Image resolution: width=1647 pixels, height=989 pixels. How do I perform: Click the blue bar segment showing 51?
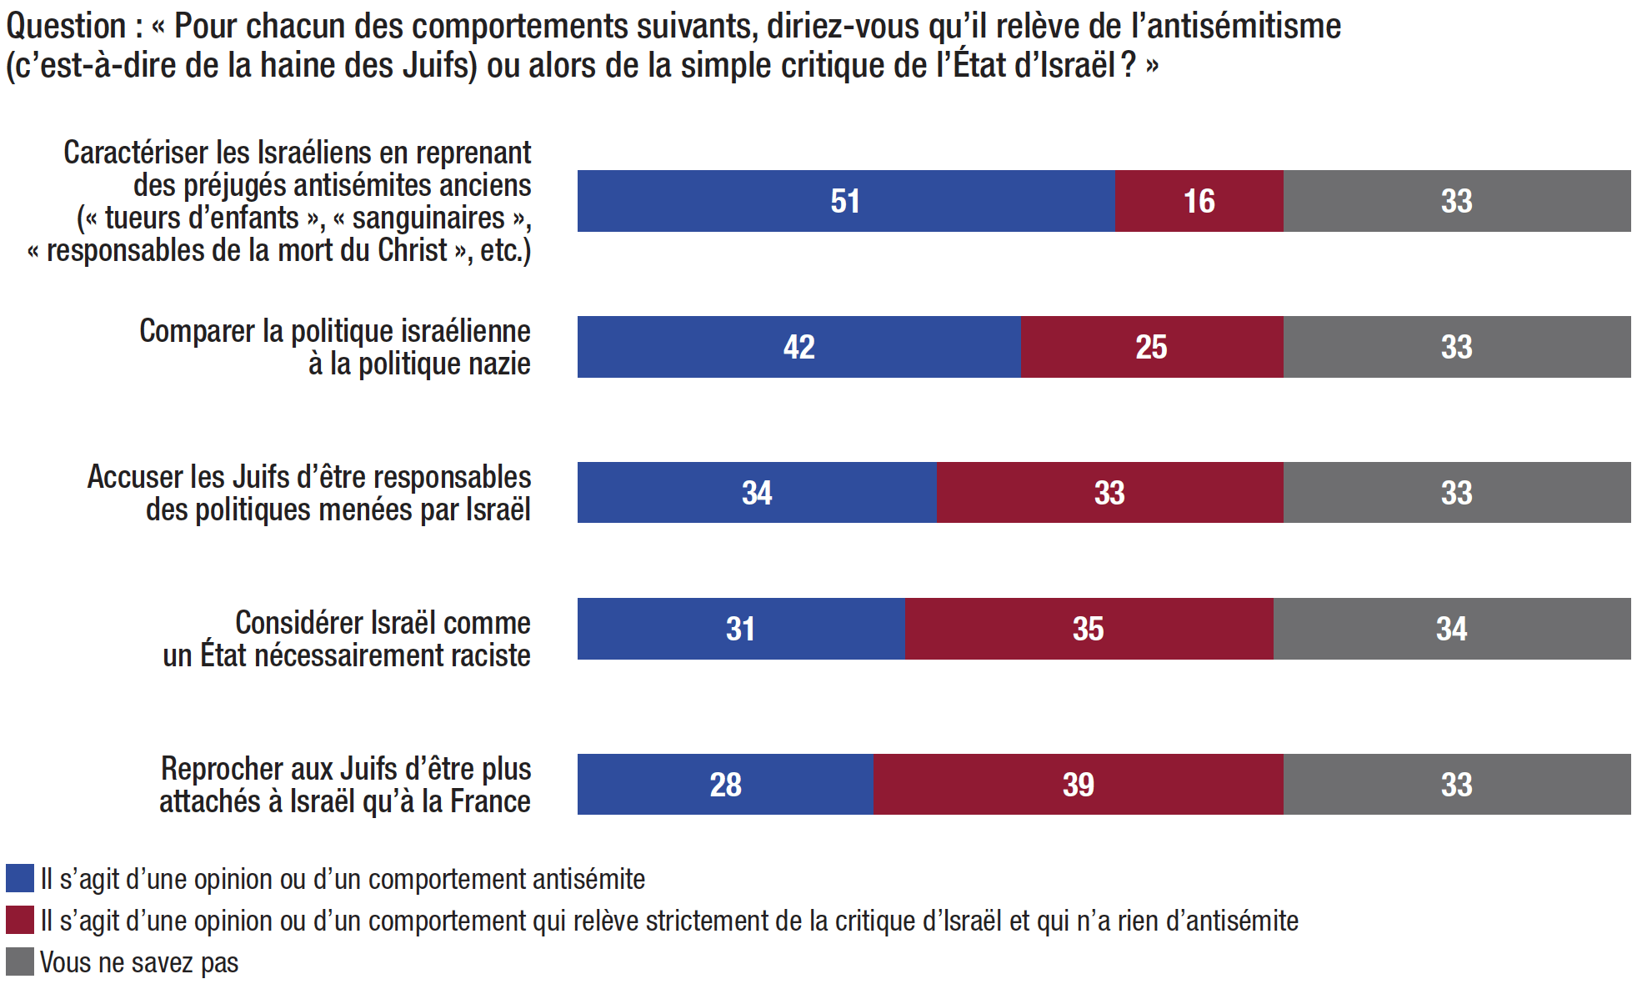pyautogui.click(x=845, y=201)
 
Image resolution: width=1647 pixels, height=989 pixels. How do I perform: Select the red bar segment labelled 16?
pyautogui.click(x=1199, y=201)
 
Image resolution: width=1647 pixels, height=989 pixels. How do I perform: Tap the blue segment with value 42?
pyautogui.click(x=798, y=347)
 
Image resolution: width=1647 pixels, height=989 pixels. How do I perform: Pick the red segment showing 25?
pyautogui.click(x=1151, y=347)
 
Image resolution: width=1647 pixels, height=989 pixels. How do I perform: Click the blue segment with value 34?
pyautogui.click(x=756, y=493)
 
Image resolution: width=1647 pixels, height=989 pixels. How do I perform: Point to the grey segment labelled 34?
pyautogui.click(x=1451, y=629)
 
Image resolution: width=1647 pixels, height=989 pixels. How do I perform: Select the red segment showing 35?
pyautogui.click(x=1088, y=629)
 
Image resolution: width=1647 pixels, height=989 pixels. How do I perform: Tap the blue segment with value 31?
pyautogui.click(x=740, y=629)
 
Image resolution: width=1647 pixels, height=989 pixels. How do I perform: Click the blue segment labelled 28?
pyautogui.click(x=725, y=785)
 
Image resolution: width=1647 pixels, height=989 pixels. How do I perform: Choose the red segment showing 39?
pyautogui.click(x=1078, y=785)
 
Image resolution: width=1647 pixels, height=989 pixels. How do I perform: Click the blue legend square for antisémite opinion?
pyautogui.click(x=19, y=878)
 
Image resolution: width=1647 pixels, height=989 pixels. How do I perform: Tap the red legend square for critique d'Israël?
pyautogui.click(x=19, y=920)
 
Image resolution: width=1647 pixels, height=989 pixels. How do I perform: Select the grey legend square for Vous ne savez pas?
pyautogui.click(x=19, y=961)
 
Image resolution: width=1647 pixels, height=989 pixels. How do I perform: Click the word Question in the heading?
pyautogui.click(x=66, y=27)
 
